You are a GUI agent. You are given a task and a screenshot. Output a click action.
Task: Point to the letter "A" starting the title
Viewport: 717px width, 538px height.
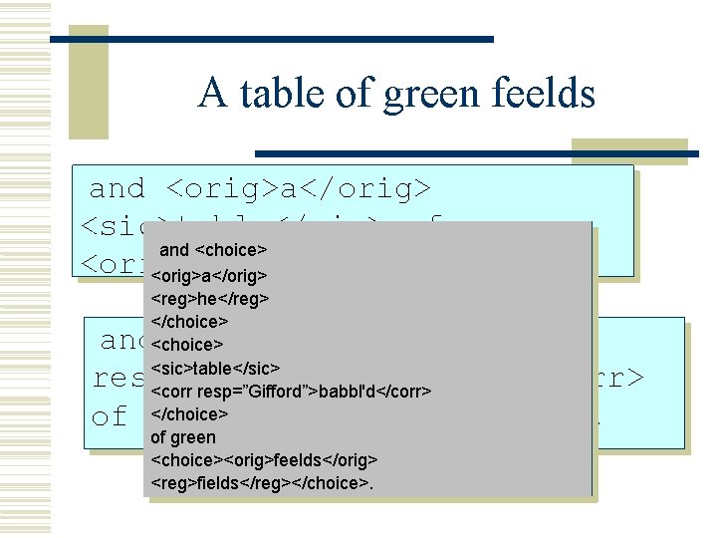[x=211, y=94]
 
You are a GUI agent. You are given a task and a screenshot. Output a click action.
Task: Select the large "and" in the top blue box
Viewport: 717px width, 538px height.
[x=118, y=188]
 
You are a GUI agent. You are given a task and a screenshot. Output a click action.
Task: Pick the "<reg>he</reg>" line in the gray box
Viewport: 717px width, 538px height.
[x=210, y=298]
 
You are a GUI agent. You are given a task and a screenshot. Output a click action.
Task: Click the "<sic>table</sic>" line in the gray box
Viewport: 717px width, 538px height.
[x=215, y=368]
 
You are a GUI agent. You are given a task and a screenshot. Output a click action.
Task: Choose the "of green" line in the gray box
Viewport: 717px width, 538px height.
[x=182, y=437]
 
